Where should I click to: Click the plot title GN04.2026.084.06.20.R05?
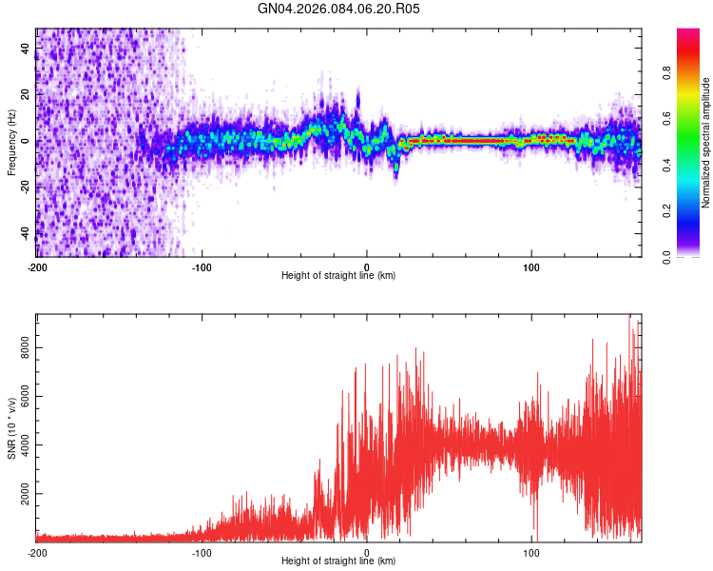point(339,9)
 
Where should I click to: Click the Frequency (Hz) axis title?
point(11,142)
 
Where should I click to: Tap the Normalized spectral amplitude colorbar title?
point(706,143)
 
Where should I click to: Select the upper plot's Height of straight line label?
point(339,275)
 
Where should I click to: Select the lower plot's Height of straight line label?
point(339,561)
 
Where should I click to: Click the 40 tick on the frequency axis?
point(26,49)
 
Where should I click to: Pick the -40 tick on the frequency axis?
point(26,232)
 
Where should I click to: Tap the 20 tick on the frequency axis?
point(26,95)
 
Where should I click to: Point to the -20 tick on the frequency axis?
point(26,187)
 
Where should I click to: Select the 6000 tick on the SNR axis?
point(26,398)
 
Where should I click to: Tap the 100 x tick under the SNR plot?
point(532,552)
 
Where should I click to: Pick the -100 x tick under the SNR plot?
point(202,552)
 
